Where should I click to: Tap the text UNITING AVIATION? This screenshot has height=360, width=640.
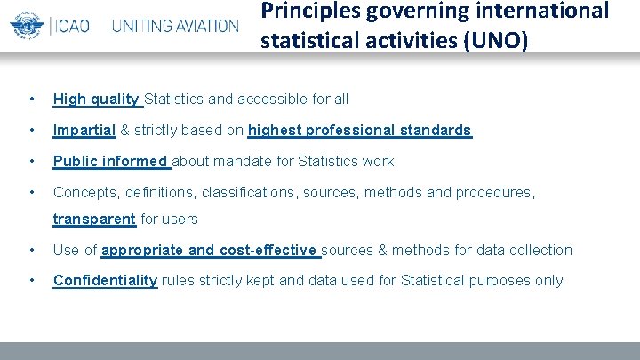175,25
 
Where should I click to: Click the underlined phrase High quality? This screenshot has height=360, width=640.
96,99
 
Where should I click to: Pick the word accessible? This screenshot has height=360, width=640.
276,99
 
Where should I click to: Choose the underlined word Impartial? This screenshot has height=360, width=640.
84,131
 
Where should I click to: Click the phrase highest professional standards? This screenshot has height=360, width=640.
359,131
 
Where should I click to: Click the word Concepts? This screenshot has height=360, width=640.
84,192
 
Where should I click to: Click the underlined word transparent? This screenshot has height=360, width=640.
94,220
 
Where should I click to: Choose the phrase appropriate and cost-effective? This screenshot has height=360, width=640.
210,251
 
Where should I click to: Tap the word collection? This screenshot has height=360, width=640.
540,251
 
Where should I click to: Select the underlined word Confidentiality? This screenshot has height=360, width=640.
105,281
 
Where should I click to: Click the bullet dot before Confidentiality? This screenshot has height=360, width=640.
32,281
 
